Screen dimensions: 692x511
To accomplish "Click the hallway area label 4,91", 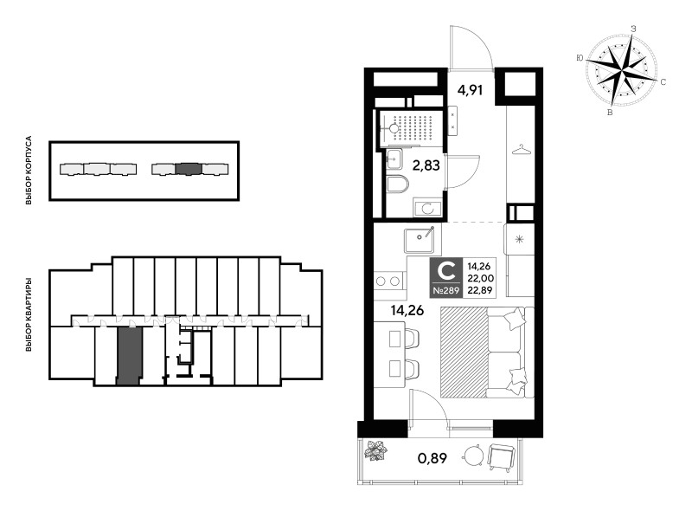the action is coord(470,90).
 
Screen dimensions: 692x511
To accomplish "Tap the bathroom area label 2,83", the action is coord(426,165).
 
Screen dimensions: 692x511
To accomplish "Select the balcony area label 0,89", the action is coord(432,458).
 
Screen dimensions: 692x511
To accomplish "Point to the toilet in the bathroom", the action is coord(398,184).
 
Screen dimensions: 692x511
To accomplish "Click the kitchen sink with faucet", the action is coord(420,240).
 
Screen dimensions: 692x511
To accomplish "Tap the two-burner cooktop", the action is coord(388,281).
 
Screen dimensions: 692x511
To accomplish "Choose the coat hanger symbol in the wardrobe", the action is coord(521,150).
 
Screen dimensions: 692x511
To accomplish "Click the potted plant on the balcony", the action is coord(375,450).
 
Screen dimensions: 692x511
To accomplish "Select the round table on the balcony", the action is coord(474,455).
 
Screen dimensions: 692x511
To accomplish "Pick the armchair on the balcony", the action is coord(502,456).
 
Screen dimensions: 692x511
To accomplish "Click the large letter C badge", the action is coord(446,271).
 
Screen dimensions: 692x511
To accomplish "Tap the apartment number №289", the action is coord(446,291).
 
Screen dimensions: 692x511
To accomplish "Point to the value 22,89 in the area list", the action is coord(481,290).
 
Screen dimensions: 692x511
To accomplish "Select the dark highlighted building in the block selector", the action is coord(189,169).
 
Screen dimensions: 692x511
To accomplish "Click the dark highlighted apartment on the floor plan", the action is coord(129,356).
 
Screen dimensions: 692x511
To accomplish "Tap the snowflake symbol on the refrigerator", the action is coord(520,240).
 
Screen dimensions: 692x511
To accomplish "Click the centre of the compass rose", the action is coord(621,70).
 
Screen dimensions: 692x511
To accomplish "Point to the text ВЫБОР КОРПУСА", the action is coord(29,170).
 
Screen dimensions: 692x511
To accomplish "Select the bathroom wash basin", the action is coord(394,158).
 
